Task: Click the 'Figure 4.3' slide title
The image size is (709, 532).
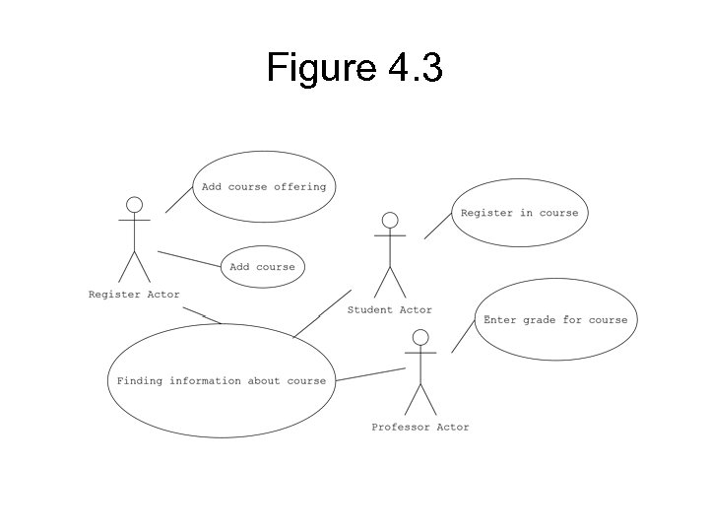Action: pos(354,69)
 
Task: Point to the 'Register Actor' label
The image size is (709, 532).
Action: pos(134,295)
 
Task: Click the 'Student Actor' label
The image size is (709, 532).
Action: pos(389,310)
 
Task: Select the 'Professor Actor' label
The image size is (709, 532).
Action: pos(419,428)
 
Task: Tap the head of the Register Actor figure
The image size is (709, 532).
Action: pos(134,205)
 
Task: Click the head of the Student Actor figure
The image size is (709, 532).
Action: pos(390,220)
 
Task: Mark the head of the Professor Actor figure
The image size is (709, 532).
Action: pos(420,338)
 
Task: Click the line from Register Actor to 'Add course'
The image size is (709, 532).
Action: pos(188,258)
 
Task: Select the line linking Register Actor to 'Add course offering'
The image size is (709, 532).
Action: pos(178,199)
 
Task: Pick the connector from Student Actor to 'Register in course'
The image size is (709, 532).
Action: pos(437,227)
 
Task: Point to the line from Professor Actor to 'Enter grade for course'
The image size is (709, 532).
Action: pos(463,338)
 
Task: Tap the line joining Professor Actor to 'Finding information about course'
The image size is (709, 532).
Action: pos(370,374)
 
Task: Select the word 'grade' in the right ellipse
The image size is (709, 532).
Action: pos(539,320)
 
